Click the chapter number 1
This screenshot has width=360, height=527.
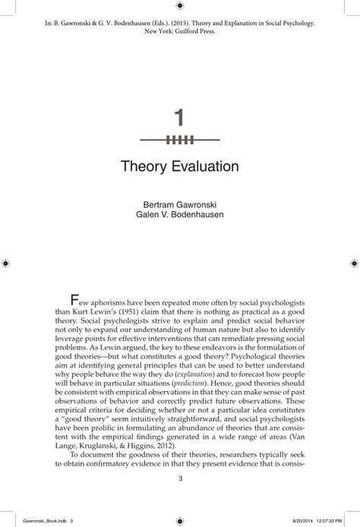pos(180,118)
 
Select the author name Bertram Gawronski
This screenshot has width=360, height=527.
pos(180,204)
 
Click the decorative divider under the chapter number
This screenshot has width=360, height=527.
pos(180,140)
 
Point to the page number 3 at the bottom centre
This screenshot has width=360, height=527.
pos(180,478)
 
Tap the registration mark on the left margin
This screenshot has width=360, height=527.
pos(7,263)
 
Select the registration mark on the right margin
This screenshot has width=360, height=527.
pos(352,263)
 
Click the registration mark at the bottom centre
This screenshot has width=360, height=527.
pos(180,516)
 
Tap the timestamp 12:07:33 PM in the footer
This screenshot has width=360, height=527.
pos(330,514)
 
